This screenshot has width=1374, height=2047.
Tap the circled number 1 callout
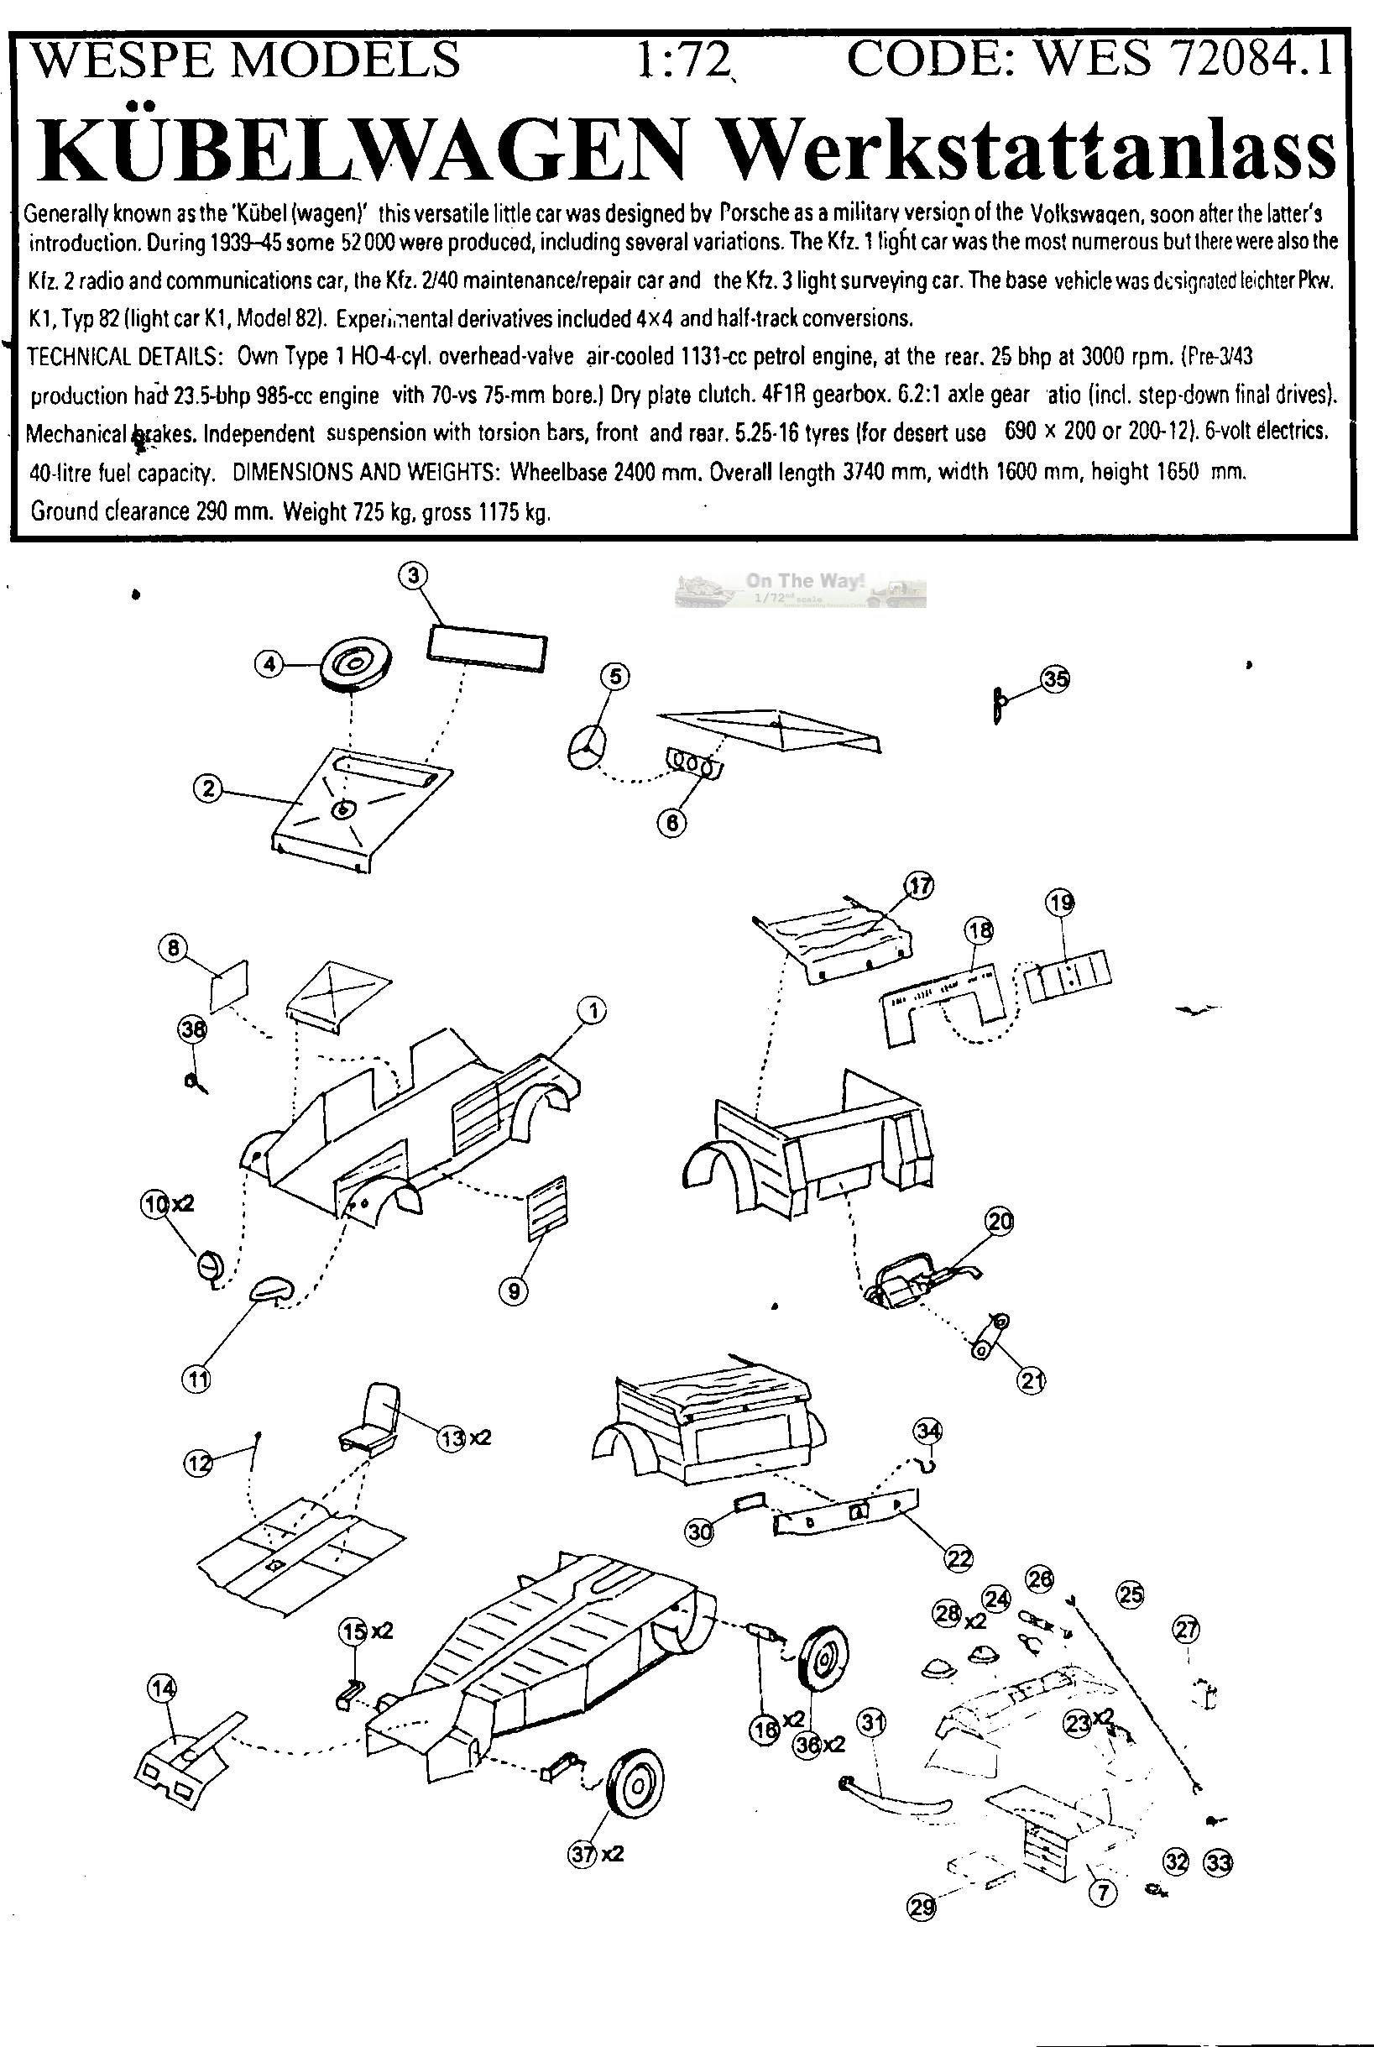coord(592,1011)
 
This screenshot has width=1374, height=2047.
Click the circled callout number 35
coord(1056,679)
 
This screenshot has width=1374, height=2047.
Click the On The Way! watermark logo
coord(799,589)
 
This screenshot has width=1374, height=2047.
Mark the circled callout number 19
coord(1061,901)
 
